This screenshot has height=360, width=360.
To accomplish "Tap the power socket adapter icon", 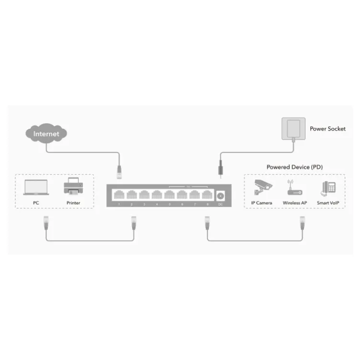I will (x=292, y=129).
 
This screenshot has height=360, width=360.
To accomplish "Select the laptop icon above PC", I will (x=36, y=188).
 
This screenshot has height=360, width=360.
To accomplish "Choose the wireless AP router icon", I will (x=294, y=189).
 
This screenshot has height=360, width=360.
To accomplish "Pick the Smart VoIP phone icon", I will (x=328, y=188).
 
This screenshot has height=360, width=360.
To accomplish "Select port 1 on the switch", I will (x=119, y=195).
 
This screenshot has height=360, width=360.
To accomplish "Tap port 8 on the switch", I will (x=207, y=195).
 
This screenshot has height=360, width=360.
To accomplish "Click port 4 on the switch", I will (x=157, y=195).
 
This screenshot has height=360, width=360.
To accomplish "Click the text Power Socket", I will (x=327, y=129).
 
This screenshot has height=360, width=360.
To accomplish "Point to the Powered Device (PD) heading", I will (x=294, y=167).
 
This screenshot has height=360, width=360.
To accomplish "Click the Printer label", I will (x=73, y=203).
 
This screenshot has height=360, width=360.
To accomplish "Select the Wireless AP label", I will (x=294, y=203).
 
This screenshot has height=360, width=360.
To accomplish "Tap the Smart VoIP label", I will (x=328, y=203).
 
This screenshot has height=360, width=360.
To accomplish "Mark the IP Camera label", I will (x=261, y=203).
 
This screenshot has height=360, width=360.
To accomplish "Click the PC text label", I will (x=36, y=203).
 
